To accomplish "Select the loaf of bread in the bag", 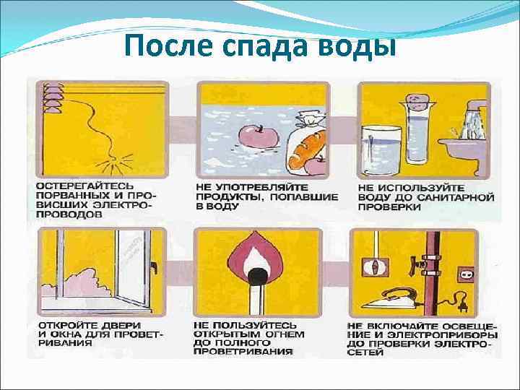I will tap(308, 144).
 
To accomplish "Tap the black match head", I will tap(254, 274).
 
